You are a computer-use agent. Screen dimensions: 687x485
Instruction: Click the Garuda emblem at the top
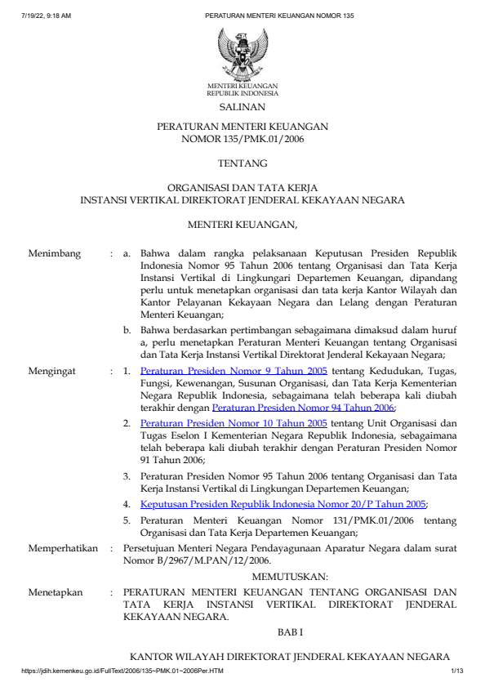242,52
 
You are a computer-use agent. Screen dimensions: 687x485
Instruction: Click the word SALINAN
242,107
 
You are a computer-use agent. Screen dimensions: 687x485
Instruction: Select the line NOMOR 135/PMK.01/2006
242,140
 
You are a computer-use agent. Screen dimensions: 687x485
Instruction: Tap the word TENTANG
242,164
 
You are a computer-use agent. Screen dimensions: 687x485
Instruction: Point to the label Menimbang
55,254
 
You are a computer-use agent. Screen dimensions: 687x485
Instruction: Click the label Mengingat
53,371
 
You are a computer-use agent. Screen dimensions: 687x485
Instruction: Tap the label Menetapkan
56,592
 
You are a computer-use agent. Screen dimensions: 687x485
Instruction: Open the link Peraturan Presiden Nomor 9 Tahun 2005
234,371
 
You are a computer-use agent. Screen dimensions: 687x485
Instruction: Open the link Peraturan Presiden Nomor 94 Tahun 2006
303,407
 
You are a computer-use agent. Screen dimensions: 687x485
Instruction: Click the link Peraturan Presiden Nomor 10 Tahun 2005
234,423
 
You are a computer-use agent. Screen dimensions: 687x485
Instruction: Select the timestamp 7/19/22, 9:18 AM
47,15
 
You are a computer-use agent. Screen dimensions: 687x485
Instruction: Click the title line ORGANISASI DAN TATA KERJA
242,187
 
